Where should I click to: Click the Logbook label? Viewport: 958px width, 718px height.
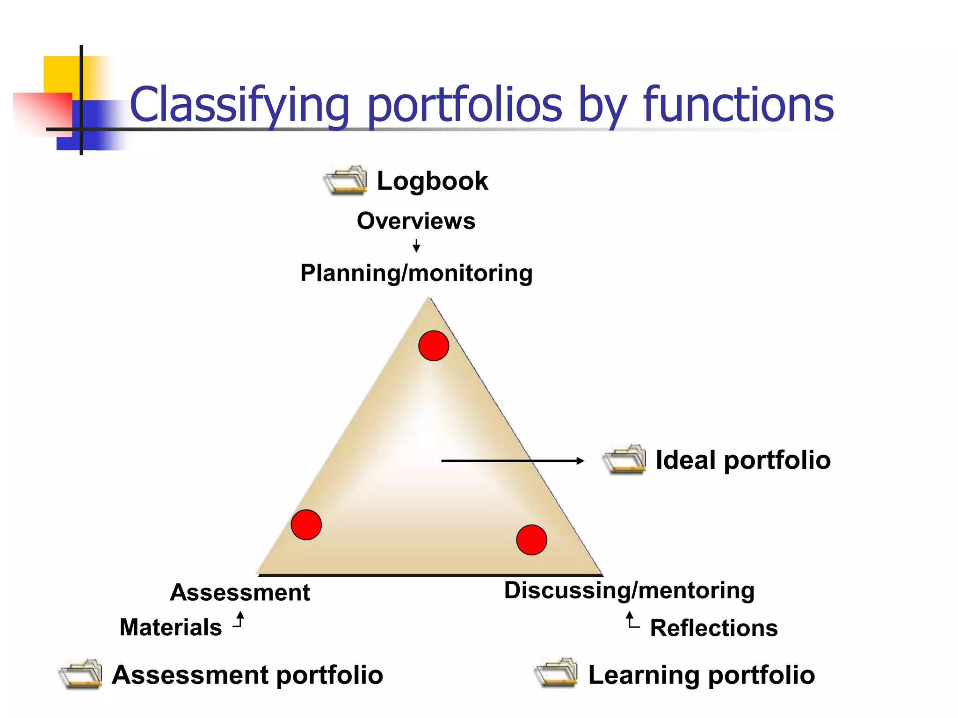pos(432,181)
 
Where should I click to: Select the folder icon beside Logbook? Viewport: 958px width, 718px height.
pos(346,180)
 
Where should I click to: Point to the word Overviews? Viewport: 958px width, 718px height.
pos(416,221)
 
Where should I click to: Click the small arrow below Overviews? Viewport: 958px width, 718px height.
pos(416,246)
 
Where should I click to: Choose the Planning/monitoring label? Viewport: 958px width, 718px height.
pos(416,273)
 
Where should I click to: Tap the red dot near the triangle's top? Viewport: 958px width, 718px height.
pos(434,346)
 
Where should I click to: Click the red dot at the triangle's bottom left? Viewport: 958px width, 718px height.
pos(306,524)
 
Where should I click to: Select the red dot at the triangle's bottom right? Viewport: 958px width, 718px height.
pos(531,539)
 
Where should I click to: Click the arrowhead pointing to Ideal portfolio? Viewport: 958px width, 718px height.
pos(580,461)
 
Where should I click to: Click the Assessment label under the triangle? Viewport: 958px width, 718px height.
pos(240,593)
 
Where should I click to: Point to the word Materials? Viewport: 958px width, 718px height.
pos(171,627)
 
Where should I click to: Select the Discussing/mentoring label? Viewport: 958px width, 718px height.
pos(629,590)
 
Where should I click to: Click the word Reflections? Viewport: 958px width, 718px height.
pos(714,628)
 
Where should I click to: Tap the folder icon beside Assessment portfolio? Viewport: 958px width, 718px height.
pos(80,674)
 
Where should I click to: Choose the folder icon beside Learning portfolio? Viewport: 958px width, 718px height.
pos(556,673)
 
